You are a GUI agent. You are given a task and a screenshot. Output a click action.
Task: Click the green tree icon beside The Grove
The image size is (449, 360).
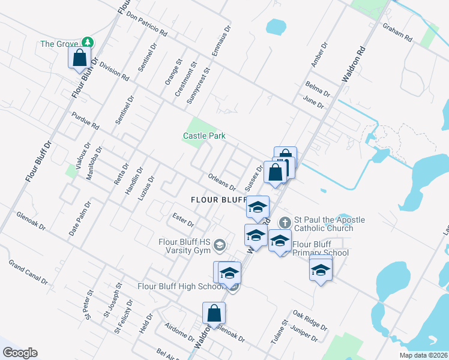coord(88,42)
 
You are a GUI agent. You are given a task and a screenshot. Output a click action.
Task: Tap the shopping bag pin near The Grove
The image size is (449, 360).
coord(79,58)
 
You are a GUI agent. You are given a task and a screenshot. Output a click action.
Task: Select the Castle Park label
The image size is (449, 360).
coord(204,136)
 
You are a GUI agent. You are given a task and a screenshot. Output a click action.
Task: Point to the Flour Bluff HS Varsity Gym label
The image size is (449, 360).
coord(184,246)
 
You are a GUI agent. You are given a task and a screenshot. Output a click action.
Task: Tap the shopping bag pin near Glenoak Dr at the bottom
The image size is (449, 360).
coord(214,313)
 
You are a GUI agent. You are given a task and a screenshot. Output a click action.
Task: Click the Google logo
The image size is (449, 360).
coord(19,353)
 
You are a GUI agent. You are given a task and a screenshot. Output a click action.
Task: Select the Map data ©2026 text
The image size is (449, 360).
coord(423,355)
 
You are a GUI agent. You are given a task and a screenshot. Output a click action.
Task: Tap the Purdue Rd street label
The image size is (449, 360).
coord(85,121)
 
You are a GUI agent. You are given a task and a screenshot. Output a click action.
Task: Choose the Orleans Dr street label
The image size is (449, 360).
coord(221,182)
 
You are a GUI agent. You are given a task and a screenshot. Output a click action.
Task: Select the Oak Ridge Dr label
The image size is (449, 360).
coord(310,321)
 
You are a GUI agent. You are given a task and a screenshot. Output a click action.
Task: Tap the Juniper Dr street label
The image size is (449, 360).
coord(303,334)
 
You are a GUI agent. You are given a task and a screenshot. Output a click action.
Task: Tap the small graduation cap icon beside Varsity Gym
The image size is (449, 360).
coord(220,244)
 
